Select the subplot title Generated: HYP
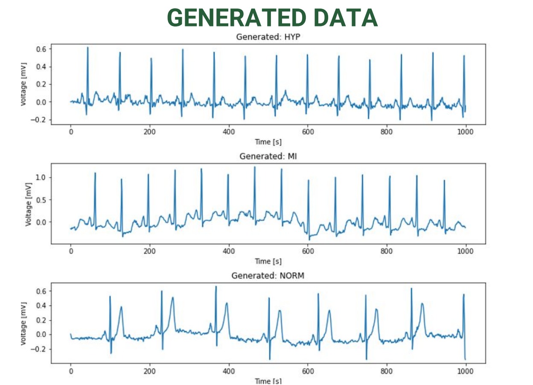tap(270, 37)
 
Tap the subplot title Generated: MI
tap(268, 156)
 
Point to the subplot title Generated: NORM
tap(268, 276)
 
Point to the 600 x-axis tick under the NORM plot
tap(308, 371)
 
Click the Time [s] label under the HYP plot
tap(268, 142)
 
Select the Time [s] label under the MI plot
tap(268, 261)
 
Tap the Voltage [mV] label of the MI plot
tap(29, 203)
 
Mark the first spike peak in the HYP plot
tap(87, 47)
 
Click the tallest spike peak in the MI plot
tap(255, 167)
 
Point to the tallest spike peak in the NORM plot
tap(216, 286)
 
